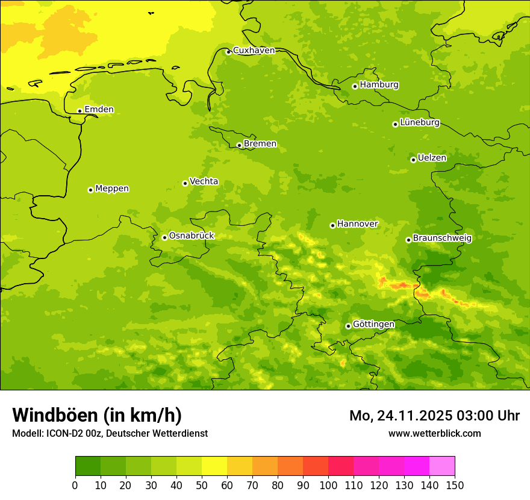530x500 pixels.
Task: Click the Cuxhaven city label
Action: pos(254,51)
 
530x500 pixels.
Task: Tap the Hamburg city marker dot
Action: pos(355,86)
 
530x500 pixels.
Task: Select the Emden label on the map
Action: pos(99,110)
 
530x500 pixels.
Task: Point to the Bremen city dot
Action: pos(239,145)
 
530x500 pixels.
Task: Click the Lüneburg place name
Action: pos(419,122)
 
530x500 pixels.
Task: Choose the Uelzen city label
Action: pos(432,158)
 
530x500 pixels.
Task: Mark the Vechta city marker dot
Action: pos(185,183)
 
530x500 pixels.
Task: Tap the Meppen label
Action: pos(111,189)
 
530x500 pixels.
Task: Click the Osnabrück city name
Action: pos(191,236)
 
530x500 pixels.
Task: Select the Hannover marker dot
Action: pos(332,225)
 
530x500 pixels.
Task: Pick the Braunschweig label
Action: pos(442,238)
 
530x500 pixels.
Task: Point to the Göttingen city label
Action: pos(373,324)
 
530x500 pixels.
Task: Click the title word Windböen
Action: pos(55,415)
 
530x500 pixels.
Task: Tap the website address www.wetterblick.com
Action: pos(434,433)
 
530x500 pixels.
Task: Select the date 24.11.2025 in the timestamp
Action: pos(414,416)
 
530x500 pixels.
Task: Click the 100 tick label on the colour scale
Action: pos(328,485)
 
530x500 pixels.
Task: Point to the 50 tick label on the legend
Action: pos(202,485)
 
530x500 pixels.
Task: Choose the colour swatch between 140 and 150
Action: pos(442,466)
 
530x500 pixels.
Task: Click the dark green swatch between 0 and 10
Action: pos(88,466)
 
